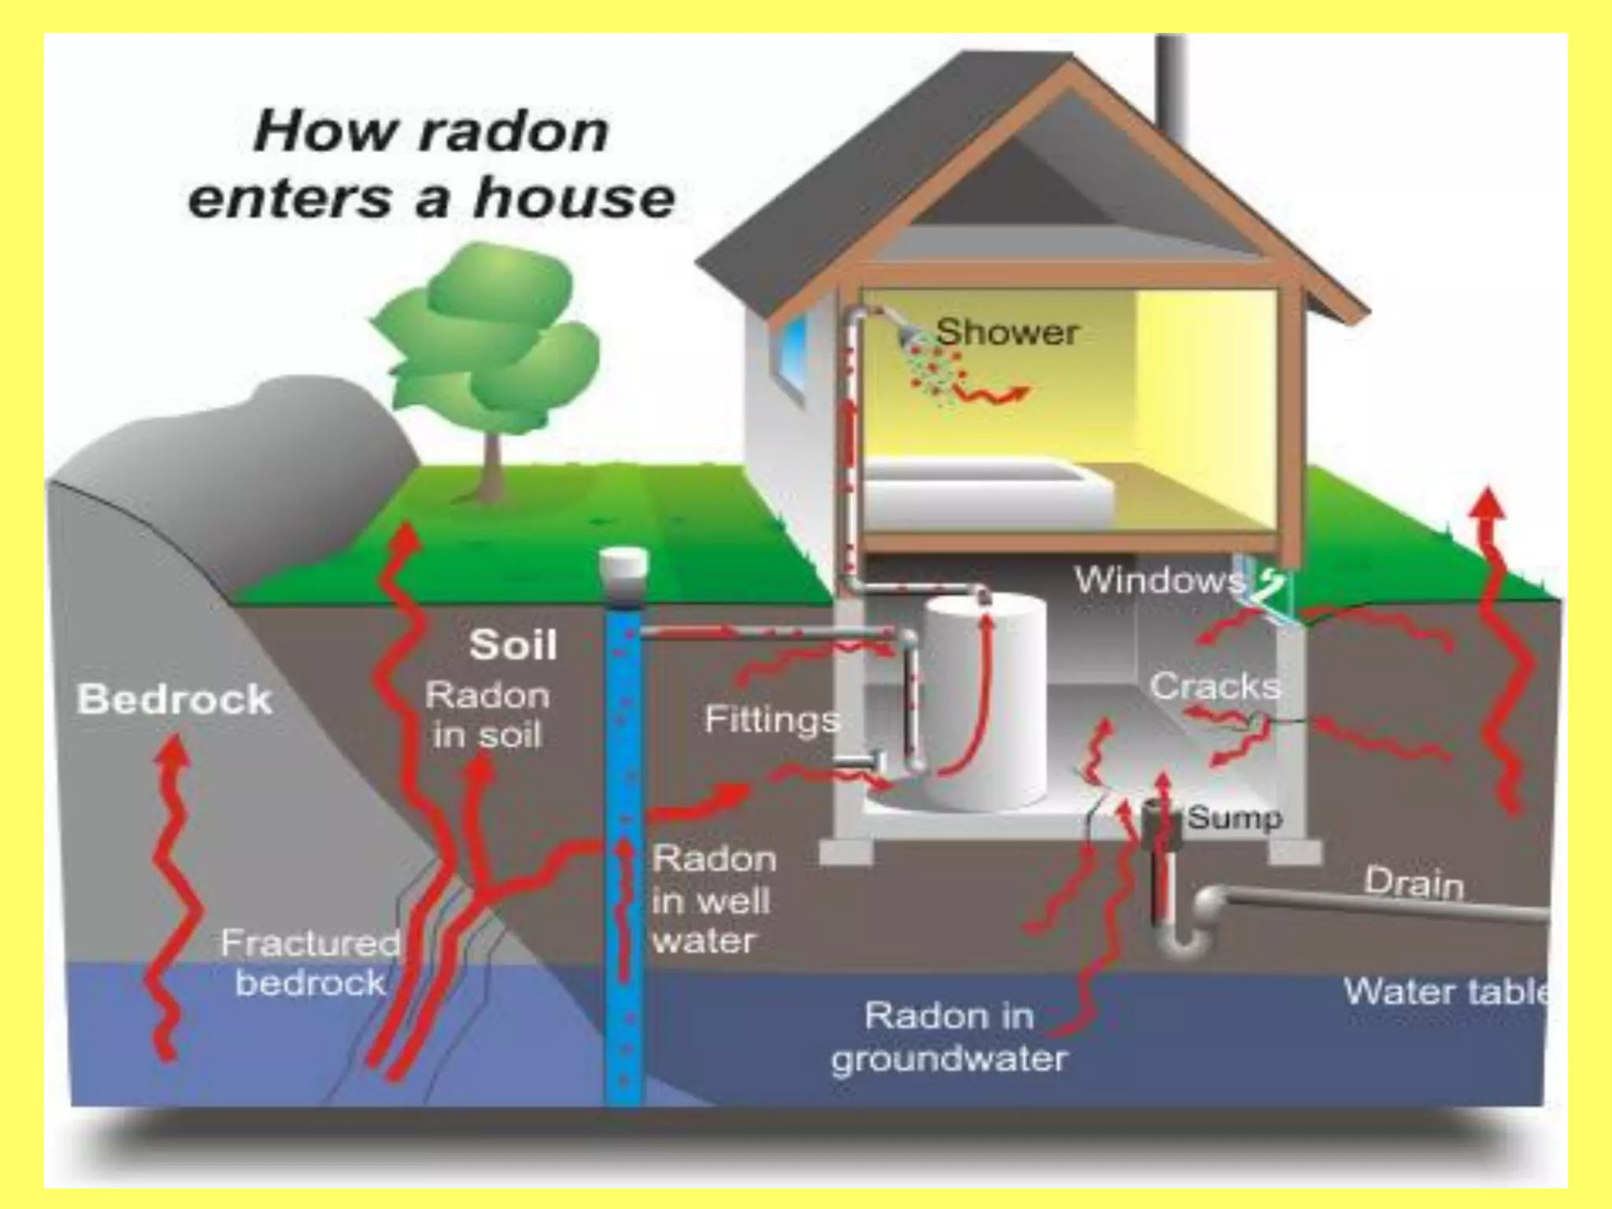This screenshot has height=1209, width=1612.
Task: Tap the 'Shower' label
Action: coord(1007,332)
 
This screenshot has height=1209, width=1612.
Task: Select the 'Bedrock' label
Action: coord(175,699)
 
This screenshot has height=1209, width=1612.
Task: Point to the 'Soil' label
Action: coord(513,645)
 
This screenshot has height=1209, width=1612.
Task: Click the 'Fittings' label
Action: coord(772,719)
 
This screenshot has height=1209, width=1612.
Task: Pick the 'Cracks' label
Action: coord(1215,686)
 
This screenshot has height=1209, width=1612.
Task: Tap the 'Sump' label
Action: coord(1234,818)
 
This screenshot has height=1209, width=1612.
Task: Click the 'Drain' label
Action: coord(1414,882)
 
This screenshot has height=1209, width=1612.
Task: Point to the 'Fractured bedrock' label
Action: coord(311,963)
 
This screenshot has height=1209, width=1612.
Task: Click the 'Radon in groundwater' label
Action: coord(949,1037)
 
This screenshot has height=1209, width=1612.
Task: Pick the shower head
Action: coord(911,337)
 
